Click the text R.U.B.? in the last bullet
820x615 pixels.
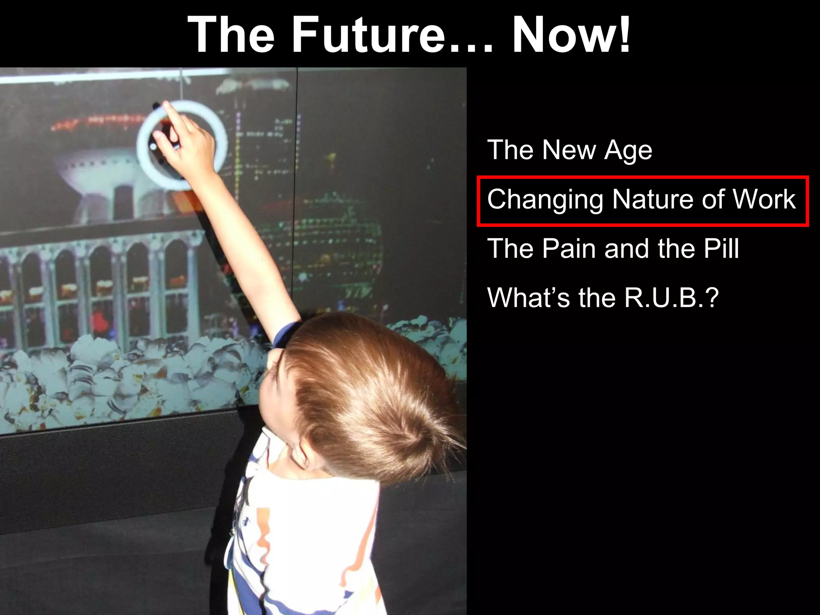[x=671, y=298]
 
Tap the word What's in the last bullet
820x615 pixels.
[x=528, y=298]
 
